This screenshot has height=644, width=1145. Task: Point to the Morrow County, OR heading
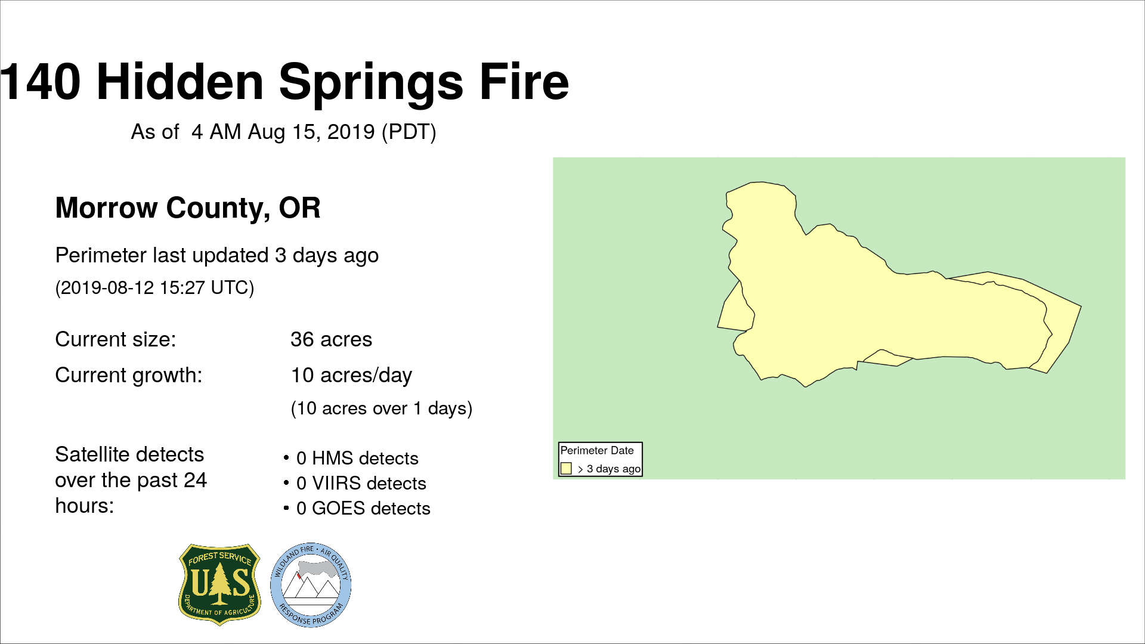[x=188, y=208]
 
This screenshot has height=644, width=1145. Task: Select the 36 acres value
[x=331, y=339]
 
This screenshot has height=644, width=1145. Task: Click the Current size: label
[x=116, y=339]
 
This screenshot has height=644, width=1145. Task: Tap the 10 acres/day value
[x=351, y=375]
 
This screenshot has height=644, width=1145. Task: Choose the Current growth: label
[x=129, y=375]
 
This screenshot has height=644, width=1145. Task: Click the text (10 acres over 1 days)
[x=382, y=408]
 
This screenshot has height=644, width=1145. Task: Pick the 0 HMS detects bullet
[x=351, y=458]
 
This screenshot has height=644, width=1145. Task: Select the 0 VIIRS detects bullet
[x=355, y=483]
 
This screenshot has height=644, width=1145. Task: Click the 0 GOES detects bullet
[x=357, y=508]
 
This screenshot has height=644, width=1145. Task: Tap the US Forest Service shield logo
[x=220, y=584]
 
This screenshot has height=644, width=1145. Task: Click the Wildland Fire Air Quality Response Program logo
[x=311, y=585]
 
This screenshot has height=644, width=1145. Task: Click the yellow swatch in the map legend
[x=566, y=469]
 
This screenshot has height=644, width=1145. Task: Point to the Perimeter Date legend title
[x=597, y=451]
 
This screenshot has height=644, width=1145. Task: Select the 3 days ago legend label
[x=614, y=469]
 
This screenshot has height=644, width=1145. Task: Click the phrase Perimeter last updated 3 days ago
[x=217, y=255]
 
